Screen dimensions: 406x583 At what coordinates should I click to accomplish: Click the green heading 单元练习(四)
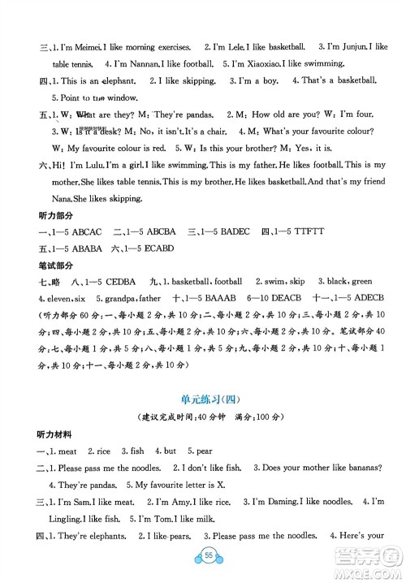tap(203, 397)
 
